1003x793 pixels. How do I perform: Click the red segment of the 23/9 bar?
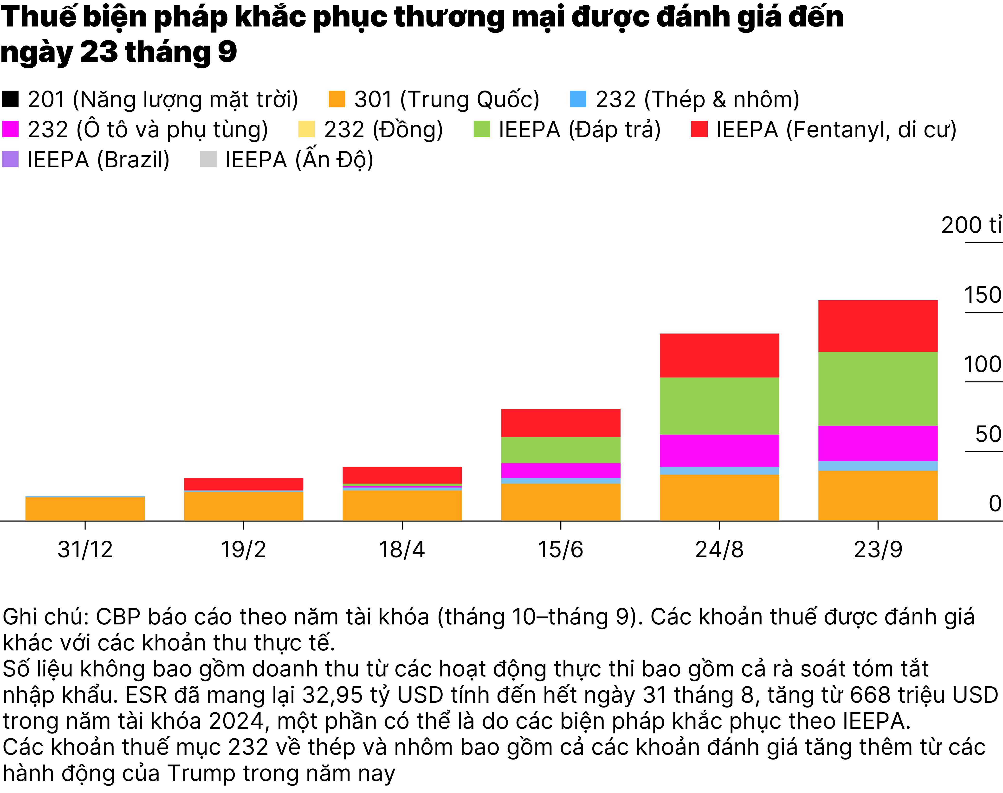coord(878,326)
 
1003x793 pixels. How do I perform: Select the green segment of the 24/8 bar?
coord(719,406)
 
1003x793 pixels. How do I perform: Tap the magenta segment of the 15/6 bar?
coord(561,470)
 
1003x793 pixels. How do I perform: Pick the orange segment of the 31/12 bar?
coord(85,509)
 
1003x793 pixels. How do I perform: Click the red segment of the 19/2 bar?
coord(244,484)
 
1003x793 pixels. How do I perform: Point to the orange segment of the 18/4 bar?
coord(402,505)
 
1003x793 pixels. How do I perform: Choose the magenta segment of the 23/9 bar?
coord(878,443)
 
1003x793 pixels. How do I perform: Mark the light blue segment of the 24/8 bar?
coord(719,471)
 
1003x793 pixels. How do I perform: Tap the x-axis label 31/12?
coord(85,550)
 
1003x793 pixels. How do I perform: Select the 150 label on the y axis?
coord(983,295)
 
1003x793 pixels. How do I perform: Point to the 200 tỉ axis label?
coord(971,226)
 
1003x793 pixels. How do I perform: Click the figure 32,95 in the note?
coord(332,695)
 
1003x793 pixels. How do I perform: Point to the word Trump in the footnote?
coord(202,773)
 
